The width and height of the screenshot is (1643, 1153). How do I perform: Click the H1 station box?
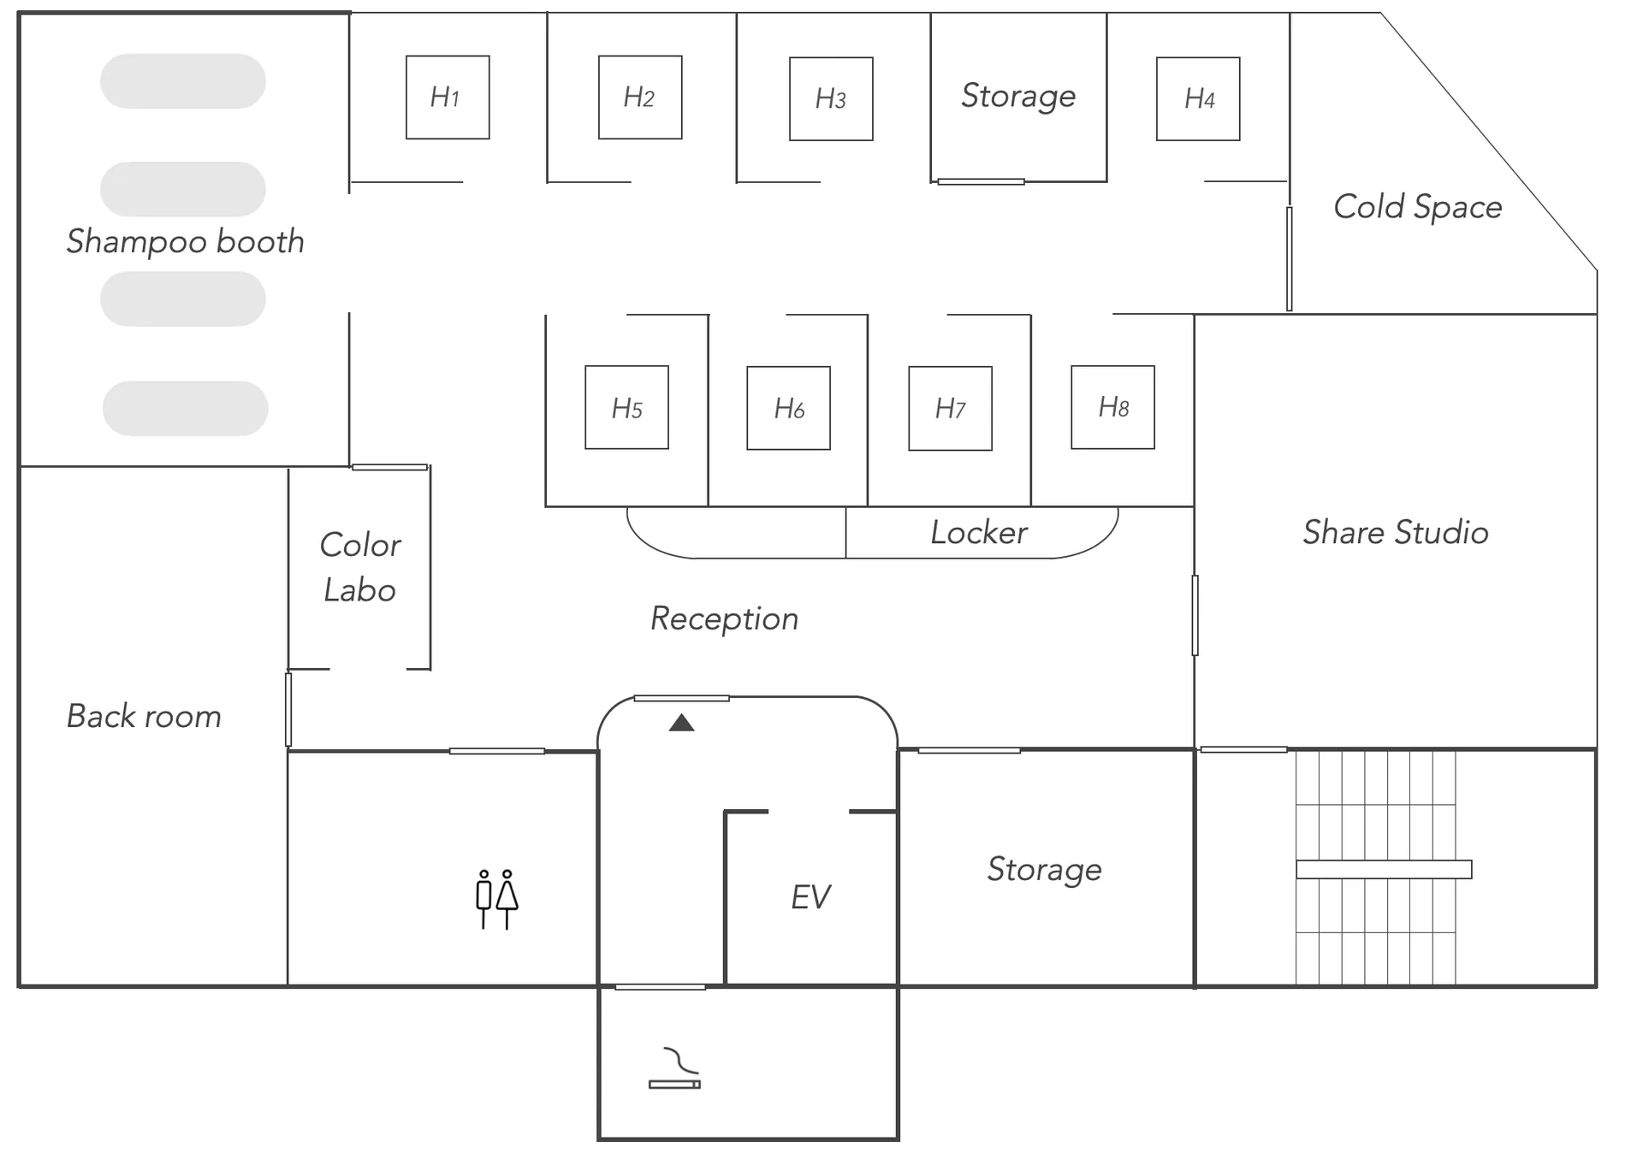(x=448, y=98)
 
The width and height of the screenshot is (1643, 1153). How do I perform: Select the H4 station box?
(x=1198, y=98)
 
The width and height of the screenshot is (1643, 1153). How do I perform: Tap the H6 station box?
(x=788, y=408)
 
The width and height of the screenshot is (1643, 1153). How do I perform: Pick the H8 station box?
(x=1112, y=407)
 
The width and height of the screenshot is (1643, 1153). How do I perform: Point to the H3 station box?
(x=831, y=98)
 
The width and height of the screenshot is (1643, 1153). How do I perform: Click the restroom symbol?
(x=496, y=899)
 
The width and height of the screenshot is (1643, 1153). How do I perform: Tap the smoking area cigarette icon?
(x=674, y=1068)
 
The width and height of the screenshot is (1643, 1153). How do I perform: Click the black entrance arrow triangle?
(x=681, y=723)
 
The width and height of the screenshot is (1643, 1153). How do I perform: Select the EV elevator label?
(x=810, y=897)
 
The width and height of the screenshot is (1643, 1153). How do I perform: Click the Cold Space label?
(x=1418, y=207)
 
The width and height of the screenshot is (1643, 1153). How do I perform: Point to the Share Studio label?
(x=1396, y=532)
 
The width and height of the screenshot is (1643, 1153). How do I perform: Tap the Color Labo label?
(x=360, y=567)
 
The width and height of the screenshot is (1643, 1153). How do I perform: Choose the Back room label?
(x=144, y=716)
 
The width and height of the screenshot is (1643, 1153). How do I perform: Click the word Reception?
(x=724, y=618)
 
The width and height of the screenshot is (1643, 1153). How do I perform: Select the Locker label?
(x=979, y=532)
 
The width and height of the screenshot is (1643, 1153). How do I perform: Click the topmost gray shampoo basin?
(x=183, y=81)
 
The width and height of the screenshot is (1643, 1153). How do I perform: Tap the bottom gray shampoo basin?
(x=185, y=408)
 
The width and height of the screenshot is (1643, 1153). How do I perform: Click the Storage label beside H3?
(x=1018, y=96)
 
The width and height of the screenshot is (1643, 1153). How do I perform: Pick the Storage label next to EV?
(x=1044, y=869)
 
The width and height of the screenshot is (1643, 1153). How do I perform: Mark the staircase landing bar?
(x=1384, y=869)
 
